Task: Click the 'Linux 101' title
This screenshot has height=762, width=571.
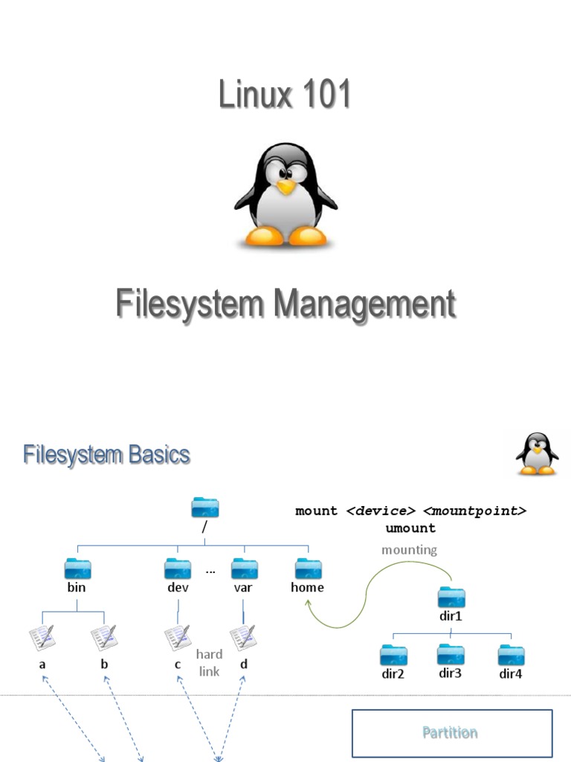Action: coord(285,95)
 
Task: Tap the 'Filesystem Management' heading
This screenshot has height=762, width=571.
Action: coord(285,305)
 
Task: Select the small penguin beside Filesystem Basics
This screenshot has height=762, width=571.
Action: coord(537,454)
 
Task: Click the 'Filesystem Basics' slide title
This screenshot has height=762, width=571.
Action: coord(106,455)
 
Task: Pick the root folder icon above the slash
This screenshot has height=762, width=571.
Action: coord(205,508)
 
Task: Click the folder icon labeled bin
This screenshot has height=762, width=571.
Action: coord(77,569)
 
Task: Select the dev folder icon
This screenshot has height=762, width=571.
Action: coord(178,569)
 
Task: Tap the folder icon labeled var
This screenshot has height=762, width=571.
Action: coord(244,569)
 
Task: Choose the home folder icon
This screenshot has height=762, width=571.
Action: coord(308,569)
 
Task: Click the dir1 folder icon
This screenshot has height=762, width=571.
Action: coord(451,597)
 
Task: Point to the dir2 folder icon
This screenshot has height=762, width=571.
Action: coord(393,655)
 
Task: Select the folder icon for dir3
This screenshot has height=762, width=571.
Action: coord(451,654)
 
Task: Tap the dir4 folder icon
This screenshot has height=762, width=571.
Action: coord(511,655)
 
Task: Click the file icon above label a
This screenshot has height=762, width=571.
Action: coord(42,638)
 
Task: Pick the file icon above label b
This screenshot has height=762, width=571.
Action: coord(104,638)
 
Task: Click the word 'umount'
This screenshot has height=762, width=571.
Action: coord(410,528)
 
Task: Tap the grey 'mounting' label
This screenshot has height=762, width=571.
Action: coord(409,550)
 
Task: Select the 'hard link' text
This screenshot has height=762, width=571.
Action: coord(209,663)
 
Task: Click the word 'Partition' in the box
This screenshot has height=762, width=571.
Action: coord(450,732)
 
